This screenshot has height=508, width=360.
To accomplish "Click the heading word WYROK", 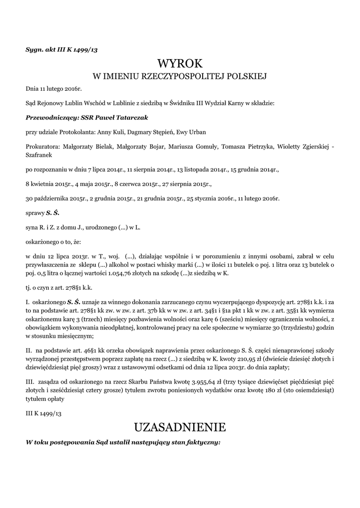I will pos(180,63).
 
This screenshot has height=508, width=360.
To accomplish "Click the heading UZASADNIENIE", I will pos(180,427).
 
